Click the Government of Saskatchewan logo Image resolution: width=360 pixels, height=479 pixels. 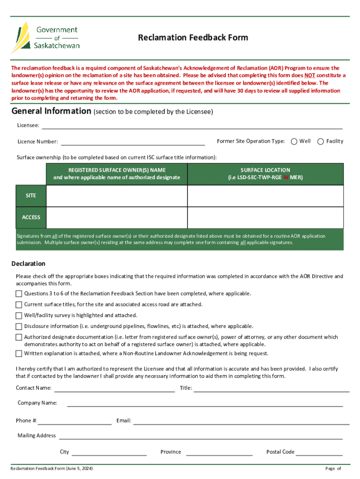pyautogui.click(x=45, y=37)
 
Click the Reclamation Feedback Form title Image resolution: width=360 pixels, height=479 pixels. pyautogui.click(x=193, y=37)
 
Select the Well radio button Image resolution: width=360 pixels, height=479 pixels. pyautogui.click(x=294, y=141)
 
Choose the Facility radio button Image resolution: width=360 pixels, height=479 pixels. pyautogui.click(x=321, y=141)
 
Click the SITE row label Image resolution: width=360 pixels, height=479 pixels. pyautogui.click(x=31, y=196)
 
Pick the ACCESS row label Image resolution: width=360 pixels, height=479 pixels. pyautogui.click(x=31, y=217)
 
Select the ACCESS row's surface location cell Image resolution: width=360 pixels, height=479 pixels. pyautogui.click(x=265, y=217)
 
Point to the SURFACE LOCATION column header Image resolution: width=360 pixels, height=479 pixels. pyautogui.click(x=265, y=174)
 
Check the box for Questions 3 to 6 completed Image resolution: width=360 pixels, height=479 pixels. pyautogui.click(x=19, y=294)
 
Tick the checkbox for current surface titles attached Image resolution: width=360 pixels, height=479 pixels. pyautogui.click(x=19, y=305)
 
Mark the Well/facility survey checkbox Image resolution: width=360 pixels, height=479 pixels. pyautogui.click(x=19, y=316)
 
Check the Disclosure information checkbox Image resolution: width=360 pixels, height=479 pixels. pyautogui.click(x=19, y=327)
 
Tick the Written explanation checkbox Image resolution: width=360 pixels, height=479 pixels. pyautogui.click(x=19, y=354)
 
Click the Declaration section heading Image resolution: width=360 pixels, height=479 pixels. pyautogui.click(x=29, y=263)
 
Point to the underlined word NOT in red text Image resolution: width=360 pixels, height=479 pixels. pyautogui.click(x=310, y=75)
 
